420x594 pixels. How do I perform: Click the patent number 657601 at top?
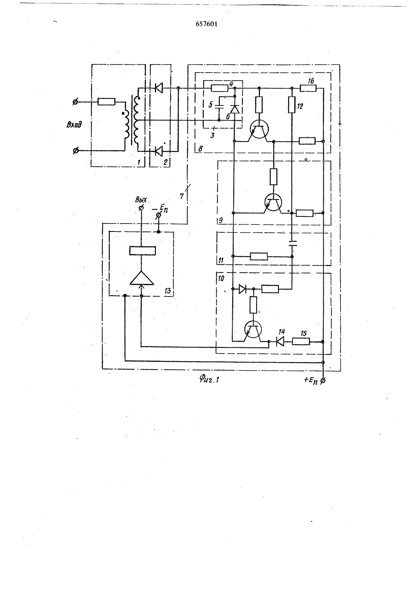tap(207, 24)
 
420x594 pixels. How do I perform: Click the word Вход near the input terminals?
tap(74, 124)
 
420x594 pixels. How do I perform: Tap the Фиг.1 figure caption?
tap(209, 379)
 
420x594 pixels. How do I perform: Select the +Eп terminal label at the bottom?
tap(311, 380)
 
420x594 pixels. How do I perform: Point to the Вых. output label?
tap(141, 199)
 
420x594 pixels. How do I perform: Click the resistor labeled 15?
tap(301, 342)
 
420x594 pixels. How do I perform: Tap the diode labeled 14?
tap(280, 342)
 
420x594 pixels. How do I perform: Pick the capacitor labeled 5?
tap(219, 107)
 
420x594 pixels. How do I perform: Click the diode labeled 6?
tap(235, 109)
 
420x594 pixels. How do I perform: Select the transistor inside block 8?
tap(259, 129)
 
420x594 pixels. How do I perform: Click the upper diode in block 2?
tap(159, 87)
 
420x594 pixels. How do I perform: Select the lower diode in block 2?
tap(159, 151)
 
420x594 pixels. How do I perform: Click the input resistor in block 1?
tap(106, 102)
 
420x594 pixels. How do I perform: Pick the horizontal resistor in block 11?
tap(259, 256)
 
